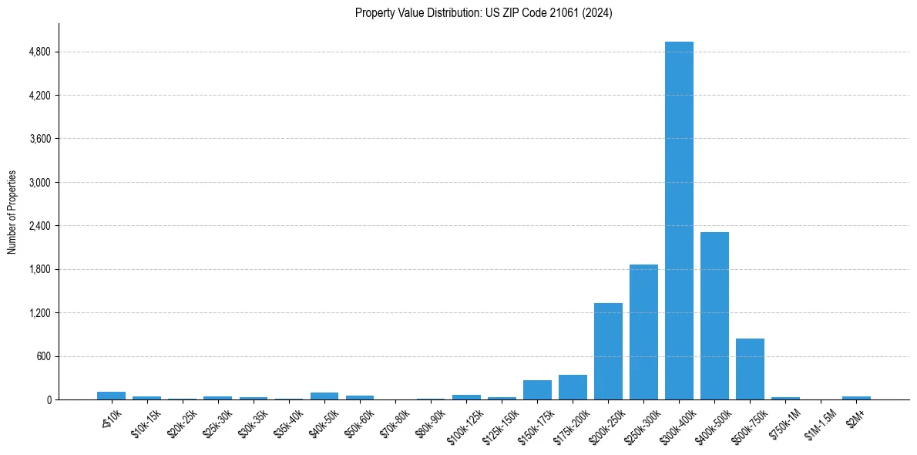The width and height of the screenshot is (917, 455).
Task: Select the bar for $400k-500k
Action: [x=714, y=316]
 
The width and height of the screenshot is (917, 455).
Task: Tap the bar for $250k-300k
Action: [x=643, y=332]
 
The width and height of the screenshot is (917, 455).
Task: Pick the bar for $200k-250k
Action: [x=608, y=352]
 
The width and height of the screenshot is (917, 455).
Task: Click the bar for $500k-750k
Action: [x=750, y=369]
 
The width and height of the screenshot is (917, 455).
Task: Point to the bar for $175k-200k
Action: [x=573, y=387]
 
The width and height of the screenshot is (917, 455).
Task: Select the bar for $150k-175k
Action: [x=537, y=390]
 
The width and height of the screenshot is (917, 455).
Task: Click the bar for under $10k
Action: [x=111, y=396]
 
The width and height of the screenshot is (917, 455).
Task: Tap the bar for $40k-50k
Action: [x=324, y=396]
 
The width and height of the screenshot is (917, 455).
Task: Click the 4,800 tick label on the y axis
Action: [x=39, y=52]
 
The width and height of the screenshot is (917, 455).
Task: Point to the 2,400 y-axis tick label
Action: [x=39, y=226]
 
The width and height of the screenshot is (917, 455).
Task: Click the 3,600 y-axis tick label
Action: [x=39, y=139]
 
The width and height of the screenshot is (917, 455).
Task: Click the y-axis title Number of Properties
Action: [x=12, y=211]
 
